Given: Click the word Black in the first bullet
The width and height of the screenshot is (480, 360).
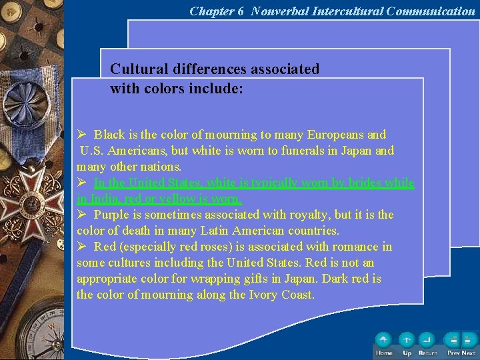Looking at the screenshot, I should (x=108, y=135).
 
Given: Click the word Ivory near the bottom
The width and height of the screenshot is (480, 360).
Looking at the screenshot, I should (x=265, y=295).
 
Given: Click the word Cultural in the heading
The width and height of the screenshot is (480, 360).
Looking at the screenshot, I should (x=137, y=69).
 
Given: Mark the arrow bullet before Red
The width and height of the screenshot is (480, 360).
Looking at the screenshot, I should (x=82, y=247).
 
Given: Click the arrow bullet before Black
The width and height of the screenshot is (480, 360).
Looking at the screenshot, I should (x=82, y=135).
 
